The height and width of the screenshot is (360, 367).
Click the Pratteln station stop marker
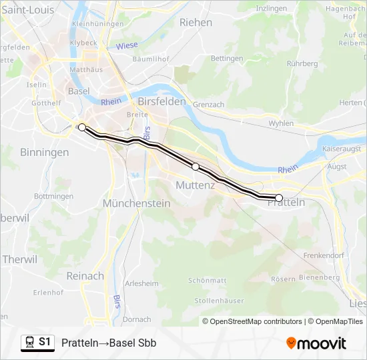[x=279, y=197]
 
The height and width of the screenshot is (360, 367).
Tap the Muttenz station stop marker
[x=196, y=167]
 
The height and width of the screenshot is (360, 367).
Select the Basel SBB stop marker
[x=81, y=127]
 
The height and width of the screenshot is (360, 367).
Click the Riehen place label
[x=196, y=22]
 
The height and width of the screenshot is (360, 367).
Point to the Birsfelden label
[x=161, y=101]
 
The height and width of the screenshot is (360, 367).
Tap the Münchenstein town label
[x=137, y=203]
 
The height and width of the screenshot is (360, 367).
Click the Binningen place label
[x=44, y=152]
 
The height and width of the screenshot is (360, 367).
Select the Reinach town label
[x=85, y=275]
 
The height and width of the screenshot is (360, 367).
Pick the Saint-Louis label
[x=28, y=9]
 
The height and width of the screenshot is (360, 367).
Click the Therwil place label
[x=19, y=259]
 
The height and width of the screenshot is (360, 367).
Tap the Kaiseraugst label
[x=342, y=148]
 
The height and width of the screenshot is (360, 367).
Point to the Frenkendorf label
[x=322, y=255]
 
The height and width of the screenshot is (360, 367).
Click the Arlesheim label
[x=141, y=283]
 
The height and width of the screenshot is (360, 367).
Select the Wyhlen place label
[x=281, y=123]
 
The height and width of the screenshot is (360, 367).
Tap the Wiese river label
[x=126, y=46]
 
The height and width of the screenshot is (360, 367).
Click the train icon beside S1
[x=29, y=343]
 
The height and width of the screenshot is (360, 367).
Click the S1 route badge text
[x=45, y=342]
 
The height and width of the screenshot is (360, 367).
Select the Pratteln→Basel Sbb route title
[x=109, y=343]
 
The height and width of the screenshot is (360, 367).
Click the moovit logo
[x=316, y=343]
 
